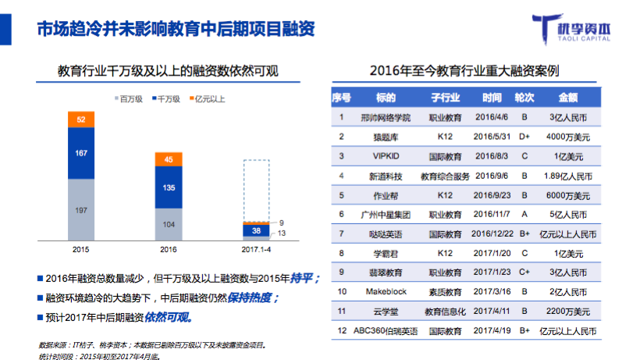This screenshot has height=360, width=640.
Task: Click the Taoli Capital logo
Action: (581, 29)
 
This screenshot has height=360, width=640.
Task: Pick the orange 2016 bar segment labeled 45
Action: (169, 160)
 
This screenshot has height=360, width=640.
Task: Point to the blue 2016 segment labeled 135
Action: (169, 187)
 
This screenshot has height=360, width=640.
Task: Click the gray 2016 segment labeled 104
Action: (169, 223)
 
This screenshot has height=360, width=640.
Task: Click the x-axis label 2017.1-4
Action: (257, 249)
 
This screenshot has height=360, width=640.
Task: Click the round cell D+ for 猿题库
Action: (524, 136)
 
